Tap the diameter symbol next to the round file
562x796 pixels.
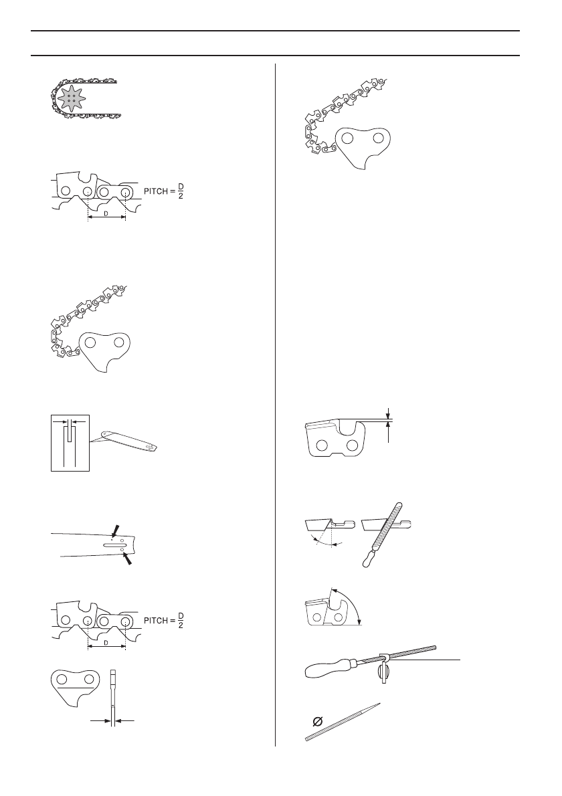click(317, 722)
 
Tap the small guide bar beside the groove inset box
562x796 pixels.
click(130, 438)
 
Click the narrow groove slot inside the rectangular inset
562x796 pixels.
click(69, 441)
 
